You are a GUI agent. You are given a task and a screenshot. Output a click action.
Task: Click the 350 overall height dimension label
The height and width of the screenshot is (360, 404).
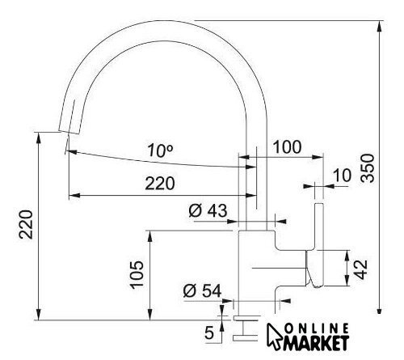(x=368, y=168)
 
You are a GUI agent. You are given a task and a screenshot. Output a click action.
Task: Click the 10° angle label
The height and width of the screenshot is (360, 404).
(x=160, y=150)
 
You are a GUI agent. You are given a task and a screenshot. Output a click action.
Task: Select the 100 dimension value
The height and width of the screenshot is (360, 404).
(x=287, y=147)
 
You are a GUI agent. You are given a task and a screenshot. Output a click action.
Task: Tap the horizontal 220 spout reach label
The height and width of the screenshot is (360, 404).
(x=160, y=184)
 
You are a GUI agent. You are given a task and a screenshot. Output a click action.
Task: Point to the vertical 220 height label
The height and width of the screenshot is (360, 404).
(x=26, y=225)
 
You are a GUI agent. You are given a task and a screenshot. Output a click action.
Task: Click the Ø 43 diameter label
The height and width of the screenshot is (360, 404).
(x=208, y=210)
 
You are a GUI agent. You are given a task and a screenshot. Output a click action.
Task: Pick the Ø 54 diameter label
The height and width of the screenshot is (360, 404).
(x=202, y=291)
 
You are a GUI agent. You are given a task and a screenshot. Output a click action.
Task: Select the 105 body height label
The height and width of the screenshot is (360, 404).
(x=137, y=275)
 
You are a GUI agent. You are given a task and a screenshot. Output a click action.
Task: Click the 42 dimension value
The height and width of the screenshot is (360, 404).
(x=360, y=269)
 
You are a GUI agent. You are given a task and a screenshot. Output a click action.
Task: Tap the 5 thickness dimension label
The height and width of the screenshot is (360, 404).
(x=209, y=332)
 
